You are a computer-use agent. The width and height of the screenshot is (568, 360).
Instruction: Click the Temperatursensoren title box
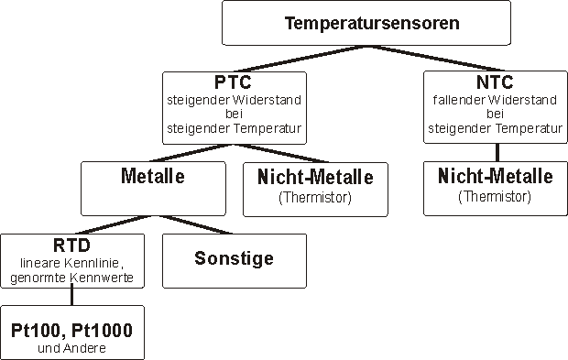(373, 23)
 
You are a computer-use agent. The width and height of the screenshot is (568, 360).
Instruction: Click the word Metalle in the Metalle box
(153, 176)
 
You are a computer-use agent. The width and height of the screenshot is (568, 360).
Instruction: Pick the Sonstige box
(234, 258)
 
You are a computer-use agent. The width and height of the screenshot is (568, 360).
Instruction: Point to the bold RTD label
(71, 245)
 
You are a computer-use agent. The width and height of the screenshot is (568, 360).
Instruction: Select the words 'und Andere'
(72, 347)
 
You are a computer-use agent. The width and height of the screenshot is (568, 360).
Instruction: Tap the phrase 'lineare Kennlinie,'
(71, 262)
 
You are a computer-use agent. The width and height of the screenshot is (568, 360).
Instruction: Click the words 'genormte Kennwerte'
(71, 277)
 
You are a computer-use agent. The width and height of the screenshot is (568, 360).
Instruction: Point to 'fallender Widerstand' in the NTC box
(495, 101)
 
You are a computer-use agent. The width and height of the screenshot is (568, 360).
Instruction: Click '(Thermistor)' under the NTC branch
(495, 196)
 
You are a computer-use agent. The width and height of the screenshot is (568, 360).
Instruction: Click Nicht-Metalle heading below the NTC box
(495, 176)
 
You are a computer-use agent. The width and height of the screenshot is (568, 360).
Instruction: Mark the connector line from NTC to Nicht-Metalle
(496, 153)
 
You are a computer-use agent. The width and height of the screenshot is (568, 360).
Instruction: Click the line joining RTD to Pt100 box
(71, 295)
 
